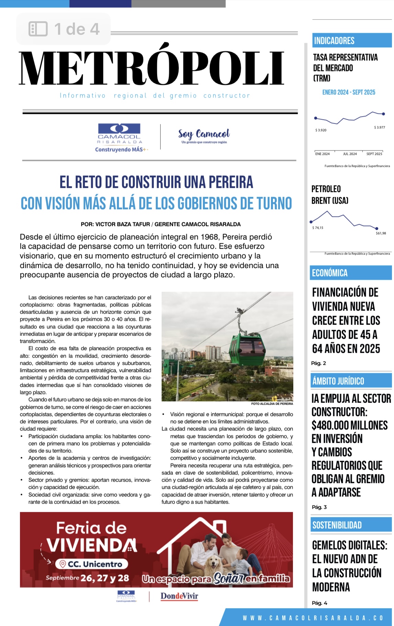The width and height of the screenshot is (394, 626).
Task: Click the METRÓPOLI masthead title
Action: click(x=152, y=68)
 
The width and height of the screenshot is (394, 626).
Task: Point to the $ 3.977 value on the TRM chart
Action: click(x=380, y=127)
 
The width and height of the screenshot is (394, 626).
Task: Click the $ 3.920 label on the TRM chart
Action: click(x=321, y=130)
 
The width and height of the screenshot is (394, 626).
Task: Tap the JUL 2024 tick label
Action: click(x=350, y=154)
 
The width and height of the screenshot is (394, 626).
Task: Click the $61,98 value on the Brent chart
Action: click(x=381, y=233)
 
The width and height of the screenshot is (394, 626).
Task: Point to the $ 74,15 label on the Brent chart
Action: click(x=318, y=228)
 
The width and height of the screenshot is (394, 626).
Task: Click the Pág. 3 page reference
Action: click(x=319, y=507)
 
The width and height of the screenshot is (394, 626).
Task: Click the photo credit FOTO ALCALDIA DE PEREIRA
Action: click(x=272, y=404)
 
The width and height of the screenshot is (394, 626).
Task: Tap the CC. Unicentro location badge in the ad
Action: click(x=91, y=564)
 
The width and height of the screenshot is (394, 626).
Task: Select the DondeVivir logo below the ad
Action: click(x=179, y=596)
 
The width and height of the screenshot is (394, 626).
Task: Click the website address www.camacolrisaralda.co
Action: click(x=313, y=618)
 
